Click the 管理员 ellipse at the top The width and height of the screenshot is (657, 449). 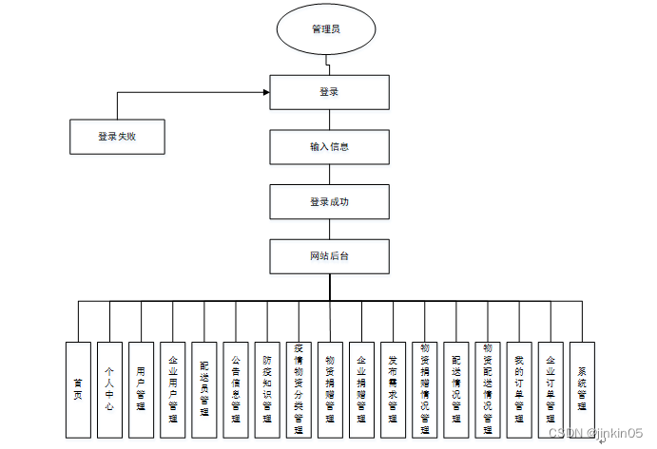(327, 28)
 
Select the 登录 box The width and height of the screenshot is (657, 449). (329, 92)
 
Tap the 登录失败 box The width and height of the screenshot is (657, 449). (118, 137)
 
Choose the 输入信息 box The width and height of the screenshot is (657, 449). (329, 147)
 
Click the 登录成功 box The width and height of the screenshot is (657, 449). (329, 202)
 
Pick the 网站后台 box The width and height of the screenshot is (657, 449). (329, 257)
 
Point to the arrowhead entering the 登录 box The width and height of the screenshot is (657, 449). (265, 93)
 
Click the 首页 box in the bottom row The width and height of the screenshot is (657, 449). (78, 389)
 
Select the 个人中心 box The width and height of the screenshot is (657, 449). (109, 389)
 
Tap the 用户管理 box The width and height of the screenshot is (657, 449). (141, 389)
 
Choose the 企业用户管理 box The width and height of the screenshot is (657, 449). (172, 389)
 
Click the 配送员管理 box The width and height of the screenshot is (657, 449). (204, 389)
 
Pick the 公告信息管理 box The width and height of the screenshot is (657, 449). (236, 389)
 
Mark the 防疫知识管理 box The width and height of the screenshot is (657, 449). (267, 389)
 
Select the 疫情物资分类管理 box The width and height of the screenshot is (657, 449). (299, 389)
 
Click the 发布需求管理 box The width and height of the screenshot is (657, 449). (393, 389)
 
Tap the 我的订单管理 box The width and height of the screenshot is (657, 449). (519, 389)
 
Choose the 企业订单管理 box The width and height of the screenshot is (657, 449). (551, 389)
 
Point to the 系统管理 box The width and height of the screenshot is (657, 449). (582, 389)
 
